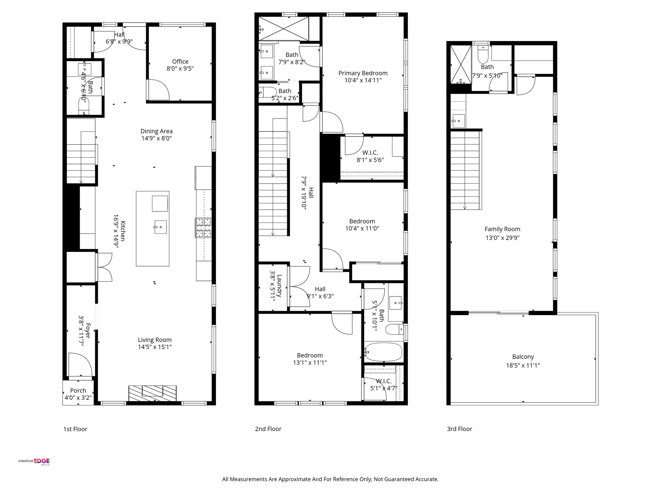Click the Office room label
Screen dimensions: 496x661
point(180,61)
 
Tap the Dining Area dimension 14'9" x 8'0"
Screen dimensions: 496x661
point(156,139)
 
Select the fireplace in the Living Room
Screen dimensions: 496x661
point(152,393)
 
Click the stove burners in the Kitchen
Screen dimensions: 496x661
point(203,228)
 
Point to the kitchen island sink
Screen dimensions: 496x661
point(160,227)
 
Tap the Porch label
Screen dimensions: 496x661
point(78,390)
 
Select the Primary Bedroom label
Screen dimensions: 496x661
point(363,73)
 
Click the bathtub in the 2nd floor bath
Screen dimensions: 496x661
point(383,352)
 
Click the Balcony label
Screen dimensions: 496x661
point(523,357)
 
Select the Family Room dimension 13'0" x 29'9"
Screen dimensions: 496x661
point(503,238)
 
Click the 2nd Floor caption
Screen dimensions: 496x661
point(268,429)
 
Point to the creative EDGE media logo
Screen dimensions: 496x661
point(34,461)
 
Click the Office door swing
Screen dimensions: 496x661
point(158,90)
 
